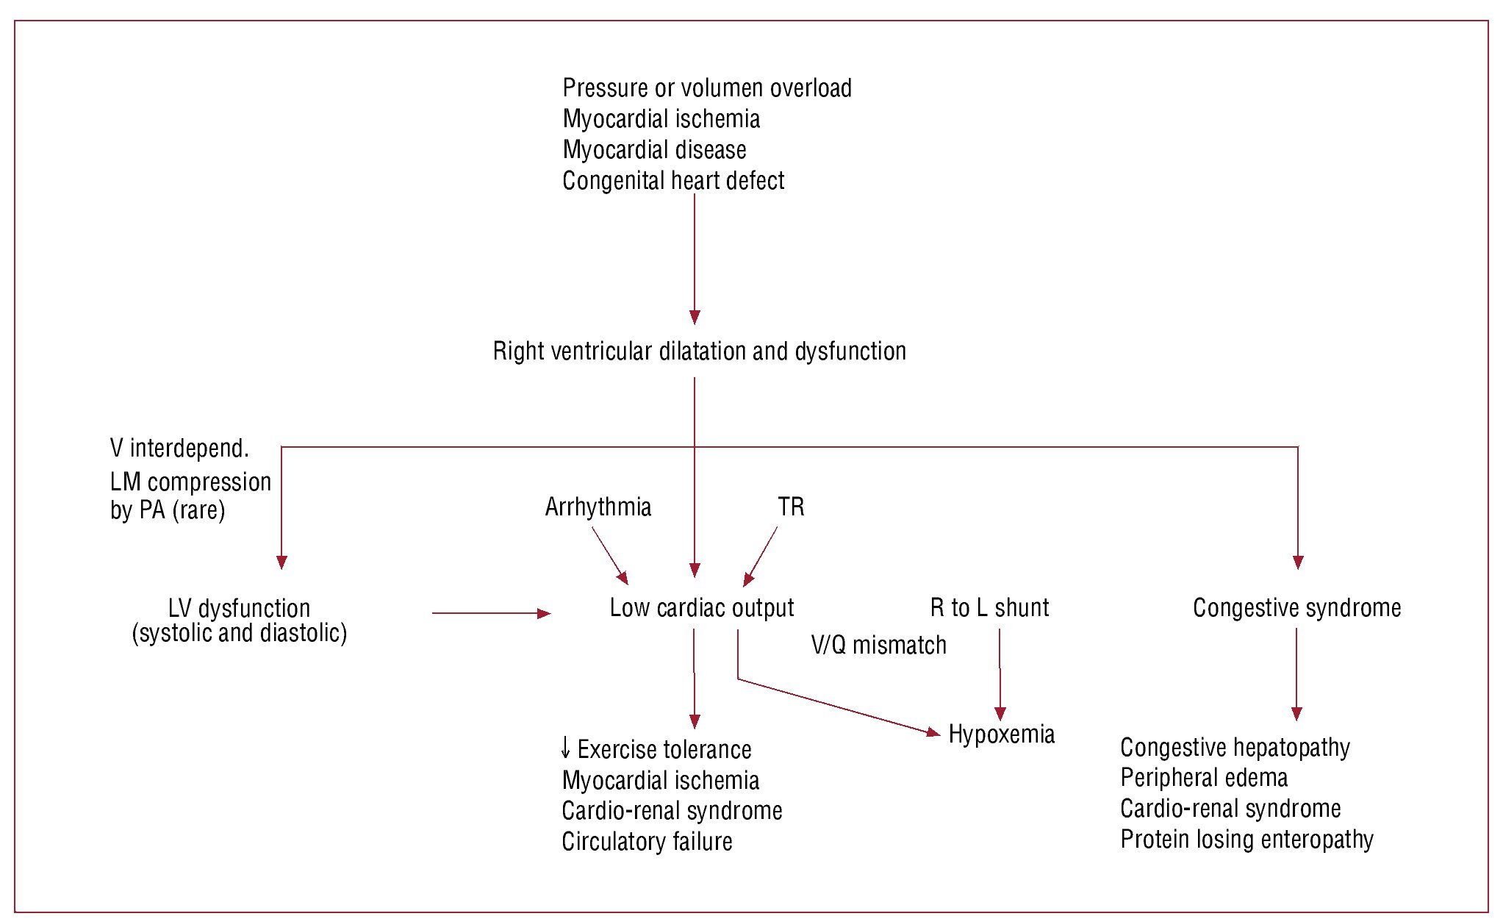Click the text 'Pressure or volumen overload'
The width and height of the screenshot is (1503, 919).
[x=707, y=88]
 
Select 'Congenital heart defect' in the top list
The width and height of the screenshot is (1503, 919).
[x=673, y=181]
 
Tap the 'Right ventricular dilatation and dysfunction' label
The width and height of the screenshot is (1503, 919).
[x=699, y=351]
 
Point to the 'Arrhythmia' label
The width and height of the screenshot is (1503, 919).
[x=598, y=507]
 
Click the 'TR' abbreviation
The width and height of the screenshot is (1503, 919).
[x=791, y=507]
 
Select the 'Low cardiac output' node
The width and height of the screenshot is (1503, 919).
[x=702, y=608]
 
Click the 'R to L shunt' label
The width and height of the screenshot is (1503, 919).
[x=989, y=608]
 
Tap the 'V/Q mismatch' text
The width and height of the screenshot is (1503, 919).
[x=878, y=646]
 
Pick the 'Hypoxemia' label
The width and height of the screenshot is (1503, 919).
[x=1001, y=734]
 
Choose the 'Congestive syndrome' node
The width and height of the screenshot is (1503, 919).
[x=1296, y=608]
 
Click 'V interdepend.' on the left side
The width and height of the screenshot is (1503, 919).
[x=179, y=448]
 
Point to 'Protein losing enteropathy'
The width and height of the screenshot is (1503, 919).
[x=1246, y=840]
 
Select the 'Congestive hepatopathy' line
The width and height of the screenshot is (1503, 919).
[x=1235, y=748]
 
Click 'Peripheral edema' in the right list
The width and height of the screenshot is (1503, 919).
[x=1204, y=778]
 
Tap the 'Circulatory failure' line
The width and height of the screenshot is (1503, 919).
[x=647, y=842]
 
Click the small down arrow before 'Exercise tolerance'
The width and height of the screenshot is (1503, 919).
[x=565, y=749]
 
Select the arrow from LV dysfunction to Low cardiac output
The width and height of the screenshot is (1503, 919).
[x=491, y=613]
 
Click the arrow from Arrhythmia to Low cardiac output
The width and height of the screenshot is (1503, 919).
[x=609, y=555]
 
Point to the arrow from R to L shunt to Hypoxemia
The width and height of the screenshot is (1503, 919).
[x=1000, y=673]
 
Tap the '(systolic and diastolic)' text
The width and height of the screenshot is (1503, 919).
[x=239, y=634]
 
